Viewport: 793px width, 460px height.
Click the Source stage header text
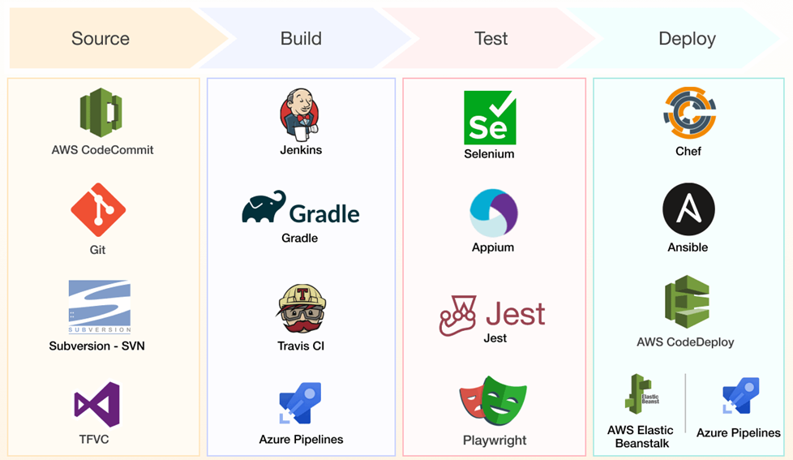(x=101, y=39)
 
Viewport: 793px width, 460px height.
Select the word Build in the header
(x=301, y=39)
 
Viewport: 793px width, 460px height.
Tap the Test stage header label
(x=491, y=39)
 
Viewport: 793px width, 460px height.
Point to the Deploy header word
(x=687, y=39)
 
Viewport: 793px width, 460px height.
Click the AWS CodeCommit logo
(x=101, y=112)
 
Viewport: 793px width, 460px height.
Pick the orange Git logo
(x=98, y=209)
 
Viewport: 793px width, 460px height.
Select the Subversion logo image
(x=100, y=307)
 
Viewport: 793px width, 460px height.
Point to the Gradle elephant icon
(x=264, y=208)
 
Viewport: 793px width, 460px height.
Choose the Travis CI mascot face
(x=301, y=309)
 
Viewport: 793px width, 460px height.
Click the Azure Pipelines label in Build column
(x=301, y=439)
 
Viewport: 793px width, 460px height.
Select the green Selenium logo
(x=490, y=118)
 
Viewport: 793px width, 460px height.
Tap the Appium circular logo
(x=493, y=213)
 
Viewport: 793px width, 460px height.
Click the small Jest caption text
(x=495, y=337)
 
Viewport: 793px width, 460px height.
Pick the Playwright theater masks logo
(x=493, y=401)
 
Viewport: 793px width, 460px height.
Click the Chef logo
(x=688, y=114)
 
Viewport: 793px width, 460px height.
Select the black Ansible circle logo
(x=688, y=209)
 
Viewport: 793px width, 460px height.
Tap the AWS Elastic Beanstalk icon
(x=641, y=394)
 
